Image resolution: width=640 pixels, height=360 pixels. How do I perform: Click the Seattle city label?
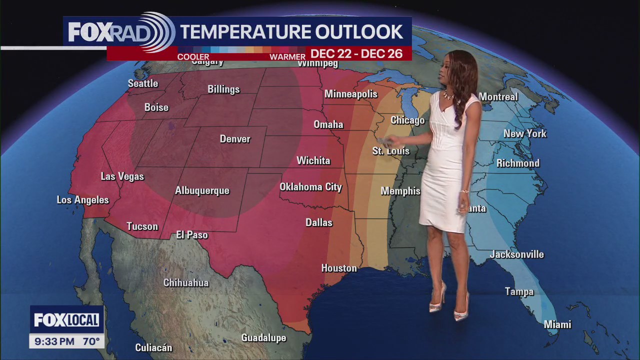point(143,83)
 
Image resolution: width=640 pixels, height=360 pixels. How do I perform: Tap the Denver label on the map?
point(235,139)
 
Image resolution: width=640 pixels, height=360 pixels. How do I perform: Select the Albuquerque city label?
point(202,190)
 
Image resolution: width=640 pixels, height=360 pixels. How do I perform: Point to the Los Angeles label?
point(82,200)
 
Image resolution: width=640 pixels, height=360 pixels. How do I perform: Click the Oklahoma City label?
point(310,187)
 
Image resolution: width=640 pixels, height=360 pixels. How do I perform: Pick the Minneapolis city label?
point(350,93)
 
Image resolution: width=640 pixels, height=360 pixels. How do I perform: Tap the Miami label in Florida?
point(557,324)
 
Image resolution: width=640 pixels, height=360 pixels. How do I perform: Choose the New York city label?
point(524,133)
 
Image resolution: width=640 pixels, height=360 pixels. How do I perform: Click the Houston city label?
point(339,268)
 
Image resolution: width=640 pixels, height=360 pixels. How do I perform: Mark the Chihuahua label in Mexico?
point(186,282)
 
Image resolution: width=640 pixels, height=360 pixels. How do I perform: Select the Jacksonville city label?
point(516,254)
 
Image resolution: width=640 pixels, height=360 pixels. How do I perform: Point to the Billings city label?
point(223,89)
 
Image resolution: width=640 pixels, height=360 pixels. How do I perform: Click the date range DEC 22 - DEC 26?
point(356,54)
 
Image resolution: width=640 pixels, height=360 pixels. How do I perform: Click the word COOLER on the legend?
point(193,57)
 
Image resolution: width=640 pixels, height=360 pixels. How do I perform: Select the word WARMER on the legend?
point(287,57)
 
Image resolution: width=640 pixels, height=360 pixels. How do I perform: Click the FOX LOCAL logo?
point(66,320)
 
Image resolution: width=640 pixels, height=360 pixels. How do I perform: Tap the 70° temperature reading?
point(91,342)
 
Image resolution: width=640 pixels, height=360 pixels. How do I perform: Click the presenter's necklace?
point(448,94)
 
